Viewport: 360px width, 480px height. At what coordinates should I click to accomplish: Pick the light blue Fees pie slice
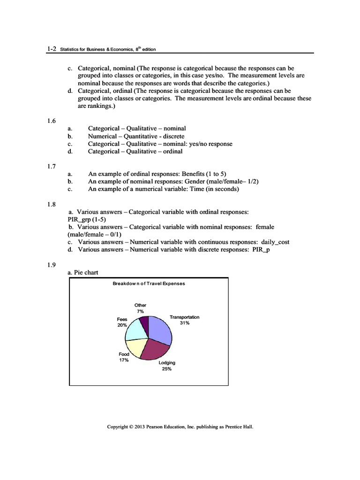(137, 330)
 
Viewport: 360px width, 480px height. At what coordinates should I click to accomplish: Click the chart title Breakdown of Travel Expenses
(149, 284)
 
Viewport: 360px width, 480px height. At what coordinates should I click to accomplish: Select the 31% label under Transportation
(184, 323)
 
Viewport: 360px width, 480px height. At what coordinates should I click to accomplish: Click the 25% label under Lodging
(167, 369)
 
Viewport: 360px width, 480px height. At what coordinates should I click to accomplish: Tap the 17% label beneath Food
(124, 360)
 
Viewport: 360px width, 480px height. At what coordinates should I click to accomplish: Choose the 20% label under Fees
(122, 325)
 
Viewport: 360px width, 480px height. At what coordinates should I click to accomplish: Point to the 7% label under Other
(140, 311)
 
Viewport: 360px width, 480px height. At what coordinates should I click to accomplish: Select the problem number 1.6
(51, 121)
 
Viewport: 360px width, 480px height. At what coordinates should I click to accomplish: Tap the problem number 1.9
(51, 265)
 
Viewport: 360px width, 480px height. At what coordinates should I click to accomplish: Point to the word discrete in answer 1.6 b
(174, 136)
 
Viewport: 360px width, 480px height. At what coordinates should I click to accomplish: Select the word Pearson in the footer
(156, 427)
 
